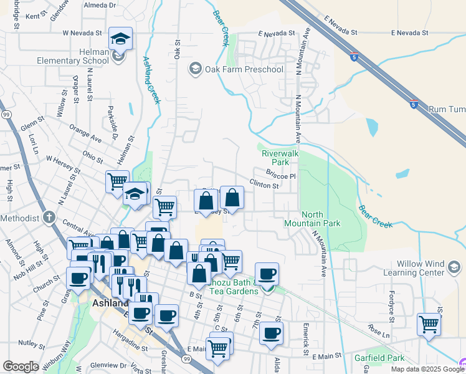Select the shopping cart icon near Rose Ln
(429, 324)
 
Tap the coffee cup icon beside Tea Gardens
(267, 274)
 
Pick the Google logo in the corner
(21, 367)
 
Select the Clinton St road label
(264, 185)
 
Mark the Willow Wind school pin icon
(454, 267)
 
